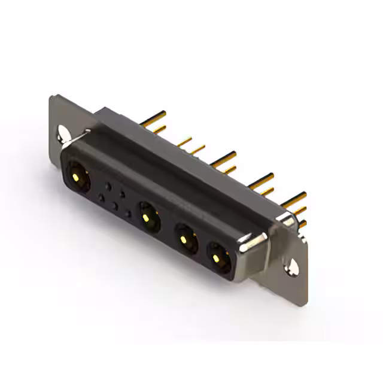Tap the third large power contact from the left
(x=188, y=241)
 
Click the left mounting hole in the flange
(x=63, y=132)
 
